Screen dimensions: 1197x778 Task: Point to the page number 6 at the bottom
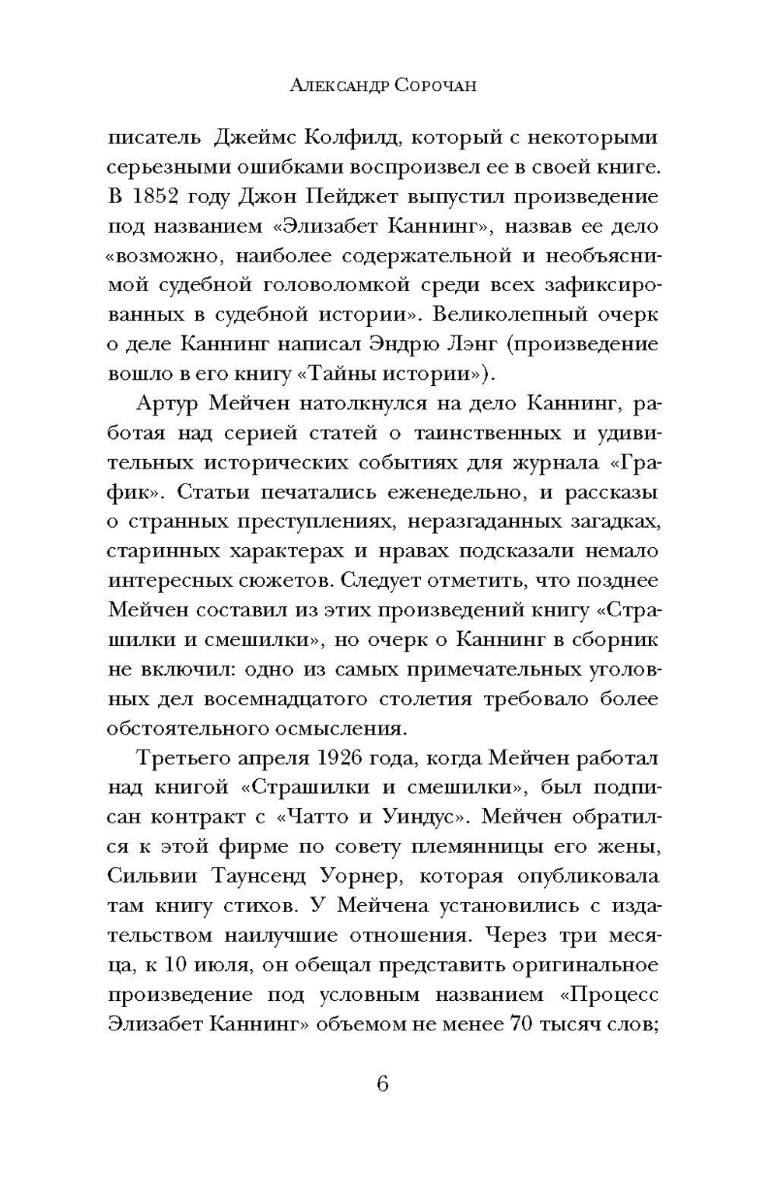tap(381, 1084)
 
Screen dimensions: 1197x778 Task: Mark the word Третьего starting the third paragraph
tap(180, 758)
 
